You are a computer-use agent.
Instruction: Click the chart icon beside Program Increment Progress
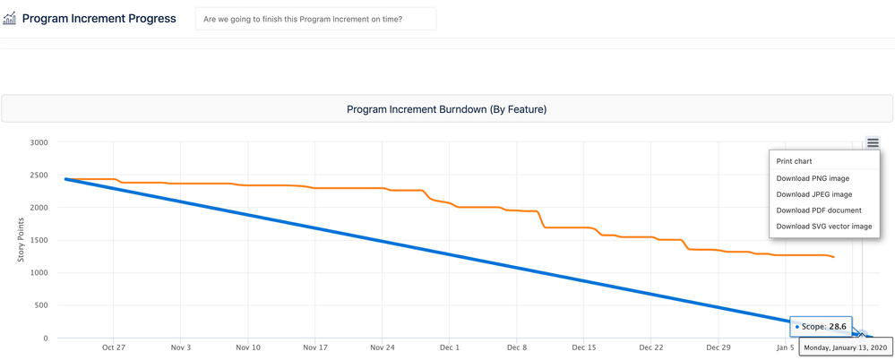pyautogui.click(x=10, y=18)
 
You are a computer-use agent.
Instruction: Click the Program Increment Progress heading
pyautogui.click(x=99, y=18)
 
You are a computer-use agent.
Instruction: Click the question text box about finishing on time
pyautogui.click(x=315, y=19)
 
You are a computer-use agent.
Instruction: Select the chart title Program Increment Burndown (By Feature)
pyautogui.click(x=446, y=109)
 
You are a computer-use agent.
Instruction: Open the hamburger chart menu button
pyautogui.click(x=873, y=143)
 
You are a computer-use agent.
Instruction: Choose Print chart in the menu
pyautogui.click(x=794, y=161)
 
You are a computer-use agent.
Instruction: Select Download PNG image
pyautogui.click(x=813, y=178)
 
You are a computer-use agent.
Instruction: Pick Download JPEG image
pyautogui.click(x=814, y=194)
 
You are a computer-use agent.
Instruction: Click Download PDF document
pyautogui.click(x=819, y=210)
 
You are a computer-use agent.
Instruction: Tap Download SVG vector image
pyautogui.click(x=823, y=227)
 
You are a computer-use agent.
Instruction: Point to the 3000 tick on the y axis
pyautogui.click(x=38, y=142)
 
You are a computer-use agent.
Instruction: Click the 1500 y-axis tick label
pyautogui.click(x=38, y=240)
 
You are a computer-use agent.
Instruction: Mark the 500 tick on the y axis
pyautogui.click(x=40, y=305)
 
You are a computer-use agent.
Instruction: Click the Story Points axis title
pyautogui.click(x=22, y=240)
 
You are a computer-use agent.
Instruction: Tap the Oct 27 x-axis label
pyautogui.click(x=114, y=347)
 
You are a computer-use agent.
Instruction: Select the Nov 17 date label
pyautogui.click(x=315, y=347)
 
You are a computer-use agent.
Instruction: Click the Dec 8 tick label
pyautogui.click(x=517, y=347)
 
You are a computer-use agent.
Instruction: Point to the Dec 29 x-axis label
pyautogui.click(x=719, y=347)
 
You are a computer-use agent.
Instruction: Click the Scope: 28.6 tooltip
pyautogui.click(x=821, y=327)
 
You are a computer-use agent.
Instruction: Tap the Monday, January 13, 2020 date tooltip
pyautogui.click(x=845, y=347)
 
